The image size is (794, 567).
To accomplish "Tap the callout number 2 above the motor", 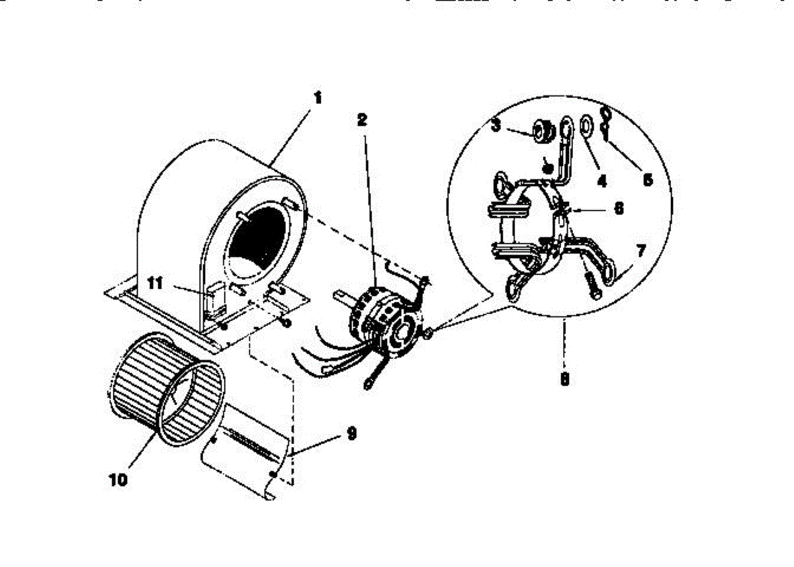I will pyautogui.click(x=362, y=120).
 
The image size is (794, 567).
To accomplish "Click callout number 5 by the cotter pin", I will pyautogui.click(x=648, y=179).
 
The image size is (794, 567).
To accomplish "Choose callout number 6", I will pyautogui.click(x=619, y=207).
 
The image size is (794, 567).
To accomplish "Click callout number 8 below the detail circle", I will pyautogui.click(x=564, y=380).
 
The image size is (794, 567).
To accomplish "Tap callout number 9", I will pyautogui.click(x=351, y=433).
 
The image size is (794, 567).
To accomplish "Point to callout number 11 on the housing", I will pyautogui.click(x=155, y=284).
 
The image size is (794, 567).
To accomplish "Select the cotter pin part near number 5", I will pyautogui.click(x=606, y=122).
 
